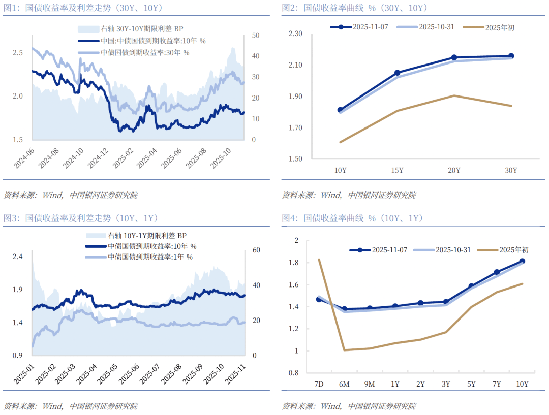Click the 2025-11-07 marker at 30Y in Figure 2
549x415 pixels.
(x=511, y=56)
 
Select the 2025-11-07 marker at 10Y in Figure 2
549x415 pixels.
(x=340, y=110)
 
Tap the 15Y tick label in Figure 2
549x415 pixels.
(x=397, y=170)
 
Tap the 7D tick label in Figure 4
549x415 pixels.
(x=319, y=384)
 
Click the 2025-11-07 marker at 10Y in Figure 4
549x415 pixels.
(x=522, y=261)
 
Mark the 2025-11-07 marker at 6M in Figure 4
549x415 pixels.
(x=344, y=309)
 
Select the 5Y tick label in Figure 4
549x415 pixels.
(x=471, y=384)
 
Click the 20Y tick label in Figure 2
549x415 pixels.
(x=454, y=170)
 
